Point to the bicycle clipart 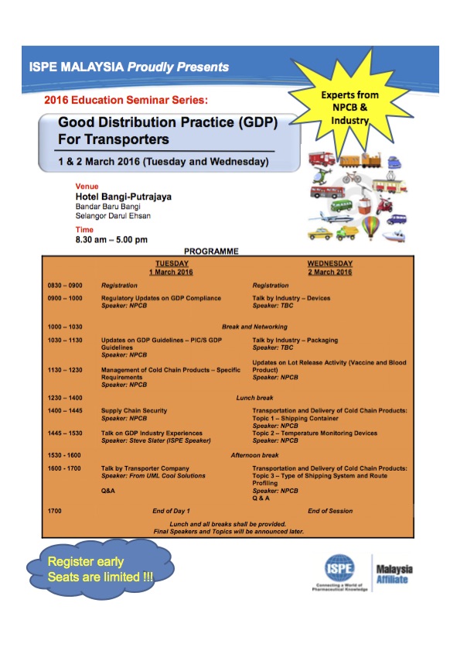pyautogui.click(x=352, y=178)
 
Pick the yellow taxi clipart pyautogui.click(x=319, y=232)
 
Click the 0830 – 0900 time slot pyautogui.click(x=65, y=286)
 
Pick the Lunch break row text pyautogui.click(x=254, y=397)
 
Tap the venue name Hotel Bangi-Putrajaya pyautogui.click(x=123, y=197)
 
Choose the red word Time pyautogui.click(x=83, y=230)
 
